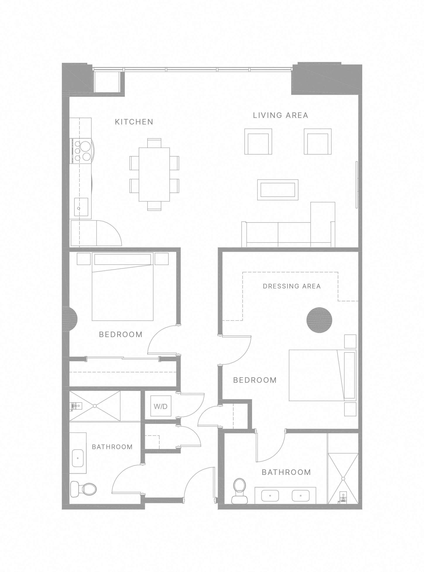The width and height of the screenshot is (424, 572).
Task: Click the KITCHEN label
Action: coord(134,122)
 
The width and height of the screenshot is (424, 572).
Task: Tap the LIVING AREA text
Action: coord(281,115)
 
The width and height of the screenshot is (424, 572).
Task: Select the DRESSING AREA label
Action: coord(292,286)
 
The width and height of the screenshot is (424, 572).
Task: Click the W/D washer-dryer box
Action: coord(161,407)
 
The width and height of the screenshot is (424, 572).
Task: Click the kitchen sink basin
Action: coord(81,207)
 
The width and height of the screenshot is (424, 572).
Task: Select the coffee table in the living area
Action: coord(278,190)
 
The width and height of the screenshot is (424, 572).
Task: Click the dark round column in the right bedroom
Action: coord(319,320)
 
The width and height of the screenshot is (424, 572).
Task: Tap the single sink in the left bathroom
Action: coord(77,458)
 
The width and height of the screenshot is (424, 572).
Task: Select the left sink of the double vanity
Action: coord(270,496)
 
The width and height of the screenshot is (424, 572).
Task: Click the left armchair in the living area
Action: coord(258,142)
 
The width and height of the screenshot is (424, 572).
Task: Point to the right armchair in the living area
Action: coord(318,142)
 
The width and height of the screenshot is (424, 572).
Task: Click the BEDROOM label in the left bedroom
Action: coord(121,334)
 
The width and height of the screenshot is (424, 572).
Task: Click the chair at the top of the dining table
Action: coord(154,143)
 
